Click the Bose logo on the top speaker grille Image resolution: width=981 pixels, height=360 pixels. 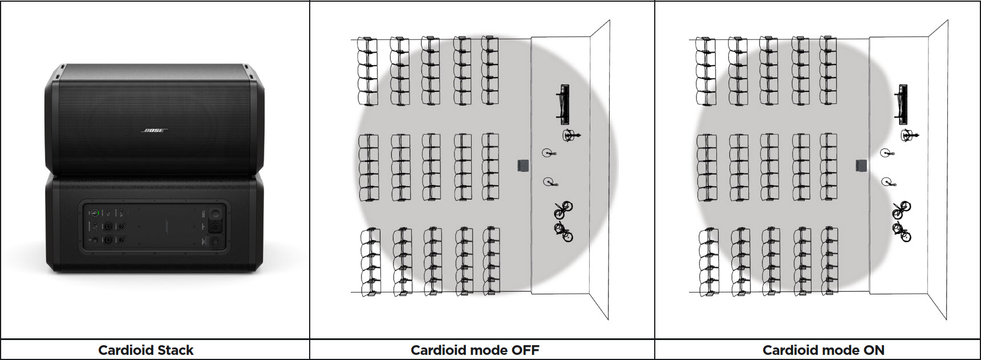154,131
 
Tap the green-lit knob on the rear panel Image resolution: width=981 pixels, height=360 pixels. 95,213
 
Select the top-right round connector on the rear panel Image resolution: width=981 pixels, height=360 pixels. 216,214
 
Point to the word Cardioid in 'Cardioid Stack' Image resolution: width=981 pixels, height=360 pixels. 124,350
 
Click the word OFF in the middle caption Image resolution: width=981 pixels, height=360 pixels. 525,350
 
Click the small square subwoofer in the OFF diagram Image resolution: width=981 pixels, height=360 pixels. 523,165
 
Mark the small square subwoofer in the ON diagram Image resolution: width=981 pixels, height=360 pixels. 861,165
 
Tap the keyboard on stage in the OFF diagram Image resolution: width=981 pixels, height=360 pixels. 563,104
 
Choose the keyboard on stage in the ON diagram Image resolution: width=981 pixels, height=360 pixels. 902,104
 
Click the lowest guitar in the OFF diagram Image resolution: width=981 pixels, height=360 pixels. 564,232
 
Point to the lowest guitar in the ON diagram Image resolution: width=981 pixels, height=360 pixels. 902,232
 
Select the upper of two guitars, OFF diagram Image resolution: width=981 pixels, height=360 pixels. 562,210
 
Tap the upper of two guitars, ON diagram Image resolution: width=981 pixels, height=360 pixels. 901,210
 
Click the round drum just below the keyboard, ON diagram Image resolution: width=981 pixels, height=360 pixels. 907,136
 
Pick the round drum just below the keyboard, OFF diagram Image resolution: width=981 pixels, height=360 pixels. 569,136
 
